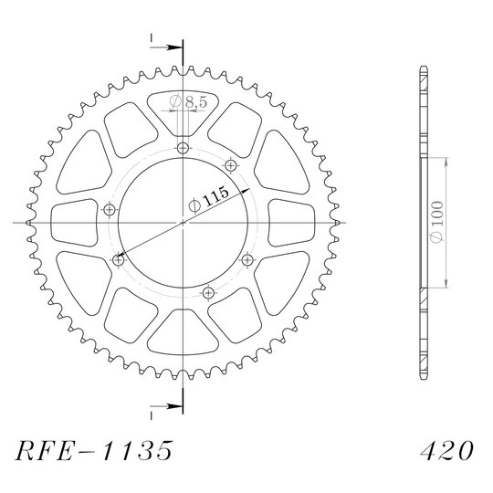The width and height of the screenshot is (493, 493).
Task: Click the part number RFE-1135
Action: (94, 451)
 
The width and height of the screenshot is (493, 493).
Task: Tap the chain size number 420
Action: (446, 450)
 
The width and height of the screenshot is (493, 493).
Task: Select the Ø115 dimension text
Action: (208, 199)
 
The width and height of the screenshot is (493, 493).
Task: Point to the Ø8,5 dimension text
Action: (188, 101)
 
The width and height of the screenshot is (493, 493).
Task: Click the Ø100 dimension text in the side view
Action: (437, 222)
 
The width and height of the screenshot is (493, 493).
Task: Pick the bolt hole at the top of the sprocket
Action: (183, 148)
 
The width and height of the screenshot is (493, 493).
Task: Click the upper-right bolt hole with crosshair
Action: (231, 165)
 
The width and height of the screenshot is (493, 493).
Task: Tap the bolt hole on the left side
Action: (110, 209)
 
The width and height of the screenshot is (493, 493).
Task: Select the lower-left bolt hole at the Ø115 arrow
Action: (118, 260)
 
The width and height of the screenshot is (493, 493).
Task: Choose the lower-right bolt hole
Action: (247, 260)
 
